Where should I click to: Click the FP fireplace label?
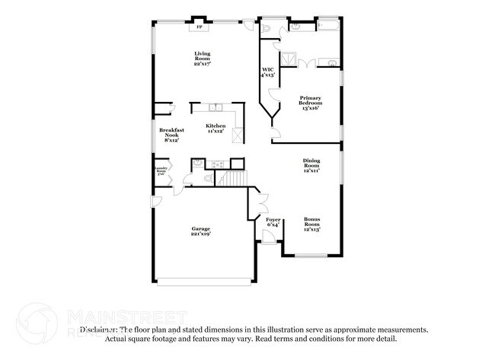coord(200,27)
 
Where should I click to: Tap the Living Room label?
coord(202,59)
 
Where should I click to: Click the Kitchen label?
coord(216,129)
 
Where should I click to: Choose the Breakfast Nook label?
coord(171,135)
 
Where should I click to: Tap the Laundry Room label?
coord(161,170)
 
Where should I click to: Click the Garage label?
coord(200,231)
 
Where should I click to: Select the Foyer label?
coord(273,221)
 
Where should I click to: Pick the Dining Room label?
coord(311,164)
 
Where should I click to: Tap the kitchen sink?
coord(216,107)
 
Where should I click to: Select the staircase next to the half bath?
coord(234,179)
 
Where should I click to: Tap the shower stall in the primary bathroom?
coord(289,58)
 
